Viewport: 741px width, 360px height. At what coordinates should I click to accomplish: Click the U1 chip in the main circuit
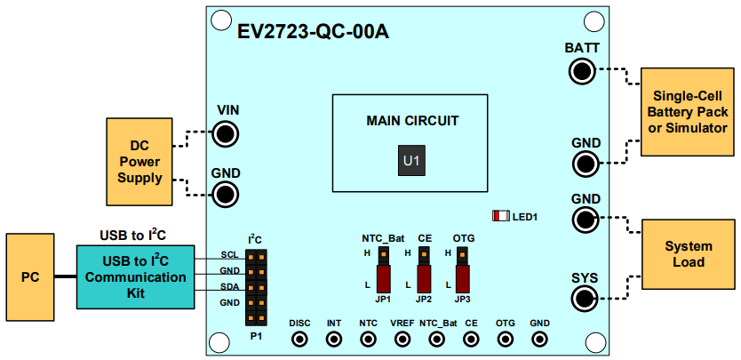[410, 162]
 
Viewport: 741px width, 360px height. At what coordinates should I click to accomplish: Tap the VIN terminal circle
[226, 135]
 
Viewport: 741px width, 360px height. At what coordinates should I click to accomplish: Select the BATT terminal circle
[582, 71]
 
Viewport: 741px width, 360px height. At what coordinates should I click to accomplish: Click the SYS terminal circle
[583, 300]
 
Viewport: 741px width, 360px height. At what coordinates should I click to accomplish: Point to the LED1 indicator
[502, 216]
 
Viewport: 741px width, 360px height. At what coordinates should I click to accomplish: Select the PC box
[30, 277]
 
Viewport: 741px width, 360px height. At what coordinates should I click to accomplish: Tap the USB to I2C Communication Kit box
[135, 277]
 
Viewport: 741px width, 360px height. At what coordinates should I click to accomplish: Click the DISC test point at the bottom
[300, 339]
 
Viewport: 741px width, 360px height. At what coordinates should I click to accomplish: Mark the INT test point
[334, 339]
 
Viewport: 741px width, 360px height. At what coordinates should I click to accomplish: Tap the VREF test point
[402, 339]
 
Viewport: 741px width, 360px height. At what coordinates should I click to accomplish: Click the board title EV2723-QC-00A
[312, 33]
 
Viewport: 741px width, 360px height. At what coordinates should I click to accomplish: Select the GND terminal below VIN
[226, 194]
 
